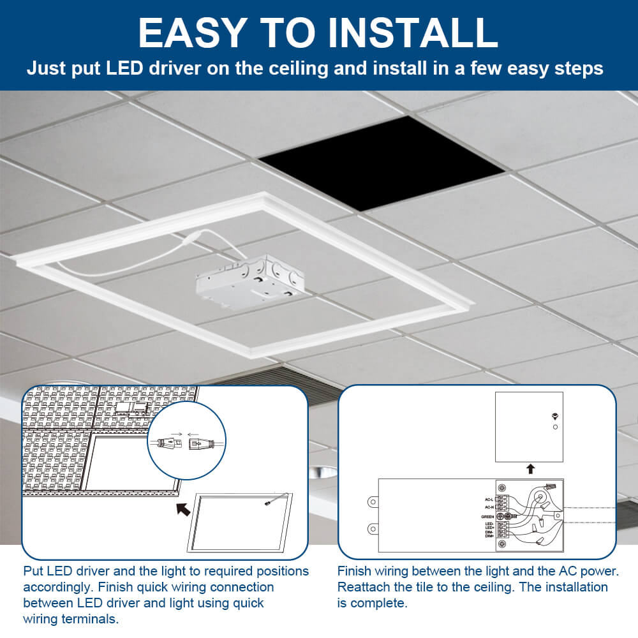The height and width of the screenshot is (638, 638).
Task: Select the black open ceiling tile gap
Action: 382,163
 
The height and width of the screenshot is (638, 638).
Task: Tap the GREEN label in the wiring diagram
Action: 488,516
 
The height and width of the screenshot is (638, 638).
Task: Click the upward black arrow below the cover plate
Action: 530,469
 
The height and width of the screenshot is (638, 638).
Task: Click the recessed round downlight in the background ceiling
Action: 322,473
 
